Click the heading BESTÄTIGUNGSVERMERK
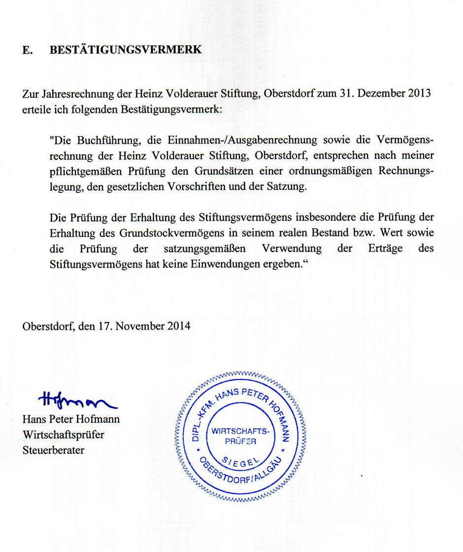126,50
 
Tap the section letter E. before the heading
28,50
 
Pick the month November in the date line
140,326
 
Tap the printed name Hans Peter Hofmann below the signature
71,419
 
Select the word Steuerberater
53,450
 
